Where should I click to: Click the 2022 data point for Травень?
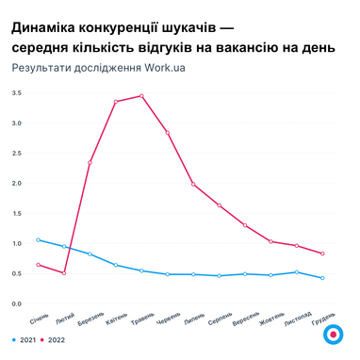pyautogui.click(x=141, y=95)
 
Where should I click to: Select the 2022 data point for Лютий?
pyautogui.click(x=64, y=273)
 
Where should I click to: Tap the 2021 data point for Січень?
pyautogui.click(x=39, y=239)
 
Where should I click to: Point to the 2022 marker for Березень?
pyautogui.click(x=90, y=162)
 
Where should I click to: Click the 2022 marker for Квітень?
pyautogui.click(x=116, y=101)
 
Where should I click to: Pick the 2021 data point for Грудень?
pyautogui.click(x=322, y=278)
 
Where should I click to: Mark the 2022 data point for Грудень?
pyautogui.click(x=322, y=254)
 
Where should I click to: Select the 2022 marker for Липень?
pyautogui.click(x=193, y=184)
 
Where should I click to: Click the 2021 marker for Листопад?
pyautogui.click(x=297, y=272)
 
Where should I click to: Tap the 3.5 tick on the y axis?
pyautogui.click(x=16, y=92)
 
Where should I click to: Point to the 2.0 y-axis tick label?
pyautogui.click(x=16, y=183)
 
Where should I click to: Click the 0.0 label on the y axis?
pyautogui.click(x=16, y=303)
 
